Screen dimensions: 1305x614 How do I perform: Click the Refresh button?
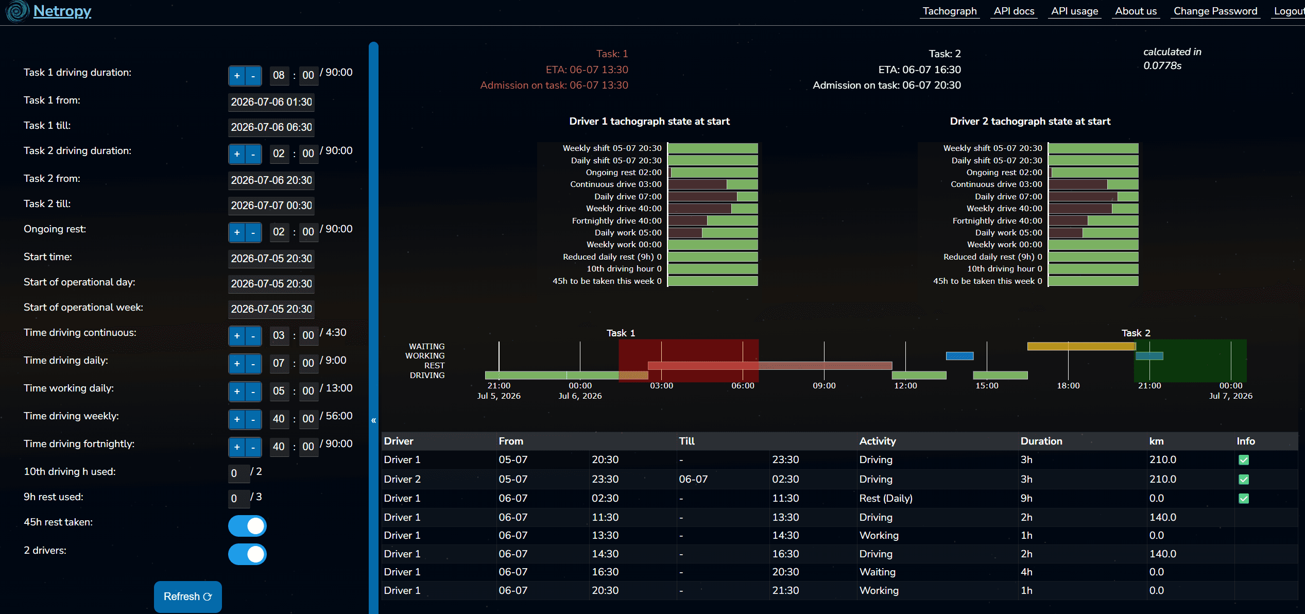point(188,596)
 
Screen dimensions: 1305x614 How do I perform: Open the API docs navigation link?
point(1014,11)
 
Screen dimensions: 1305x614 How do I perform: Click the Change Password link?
point(1215,11)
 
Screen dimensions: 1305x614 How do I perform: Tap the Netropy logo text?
point(62,11)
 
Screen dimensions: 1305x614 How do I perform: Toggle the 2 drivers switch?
point(248,554)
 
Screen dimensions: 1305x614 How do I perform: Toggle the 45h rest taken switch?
point(248,526)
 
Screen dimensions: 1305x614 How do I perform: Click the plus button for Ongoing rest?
point(237,232)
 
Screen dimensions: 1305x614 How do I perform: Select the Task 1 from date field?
point(271,102)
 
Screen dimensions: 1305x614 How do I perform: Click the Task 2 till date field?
point(271,206)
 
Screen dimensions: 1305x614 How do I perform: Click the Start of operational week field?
point(271,309)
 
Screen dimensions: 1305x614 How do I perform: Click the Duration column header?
point(1041,441)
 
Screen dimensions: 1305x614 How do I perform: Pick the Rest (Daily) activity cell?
point(886,498)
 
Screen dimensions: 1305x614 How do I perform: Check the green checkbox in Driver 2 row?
point(1244,480)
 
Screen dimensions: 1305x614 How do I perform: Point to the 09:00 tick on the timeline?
point(824,385)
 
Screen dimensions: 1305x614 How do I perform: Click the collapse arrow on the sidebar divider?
point(373,420)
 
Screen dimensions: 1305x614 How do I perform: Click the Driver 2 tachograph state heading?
point(1030,122)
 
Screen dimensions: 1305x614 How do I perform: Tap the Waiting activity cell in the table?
point(878,572)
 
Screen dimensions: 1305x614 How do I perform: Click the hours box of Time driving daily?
point(279,363)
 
